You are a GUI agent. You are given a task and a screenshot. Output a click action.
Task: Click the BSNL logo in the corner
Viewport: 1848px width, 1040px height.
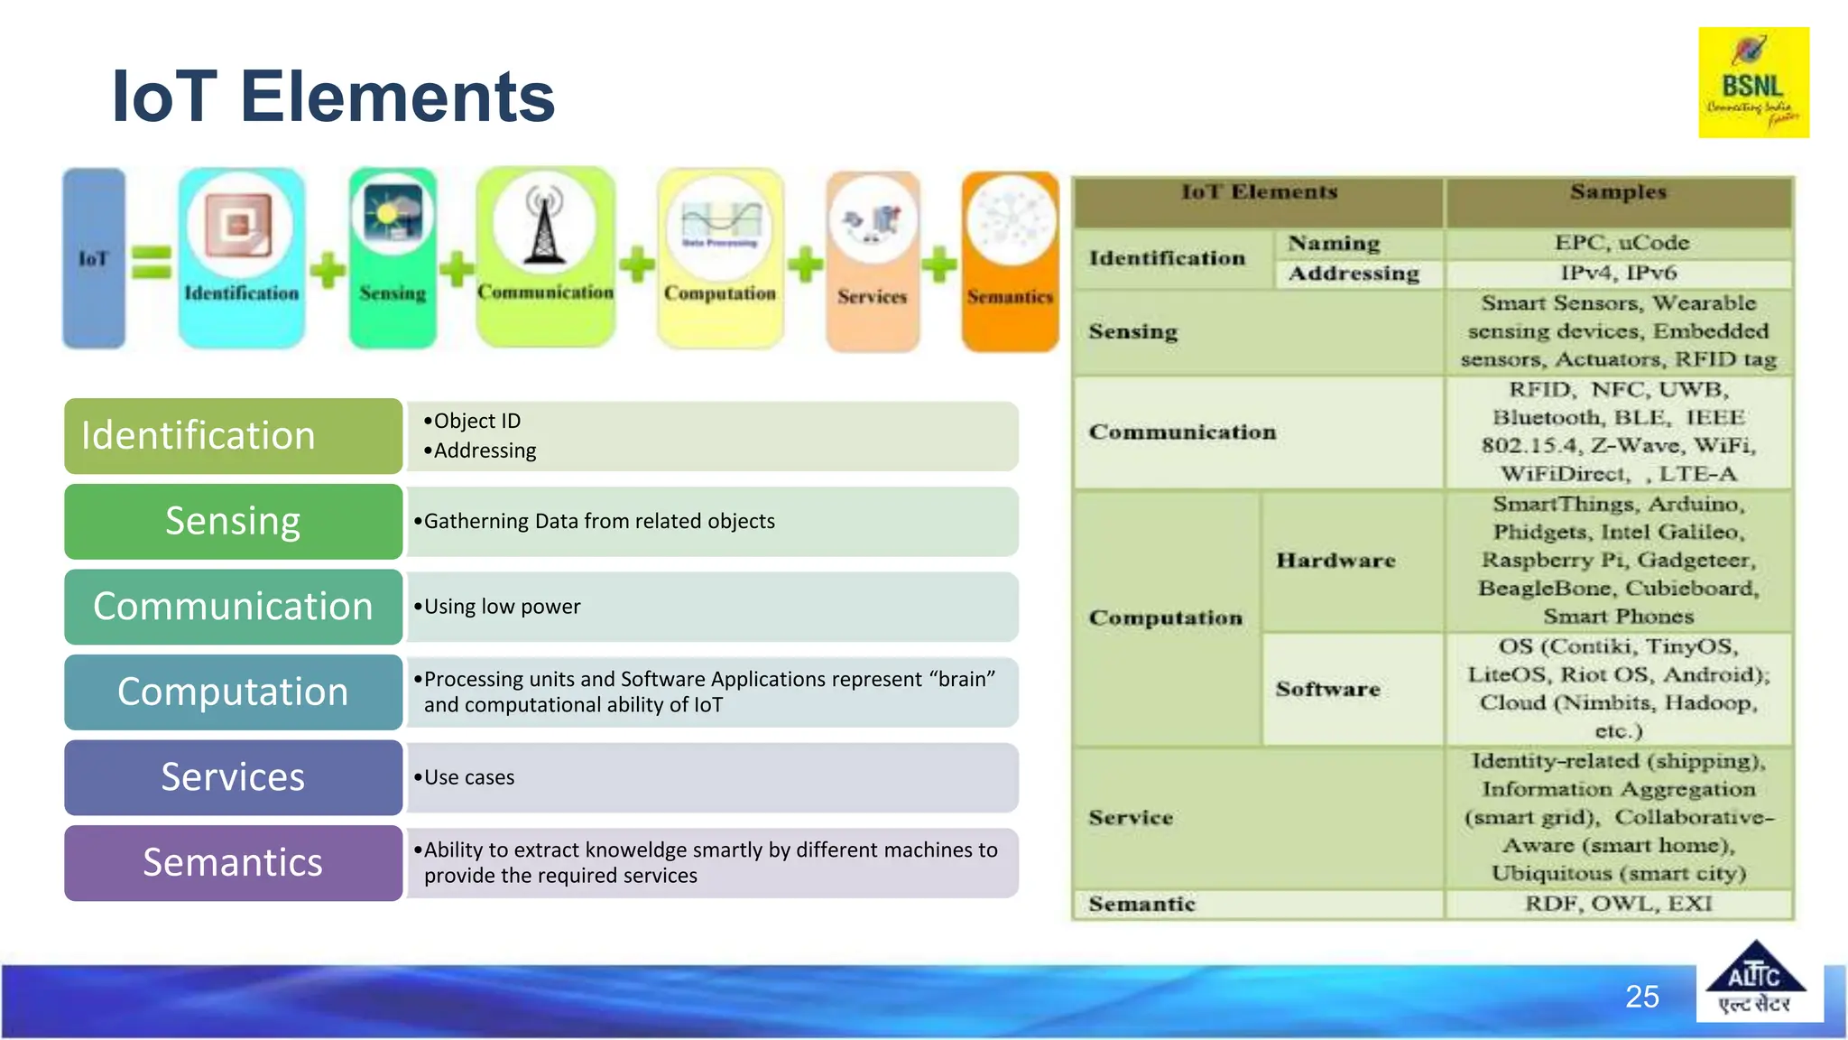[1753, 82]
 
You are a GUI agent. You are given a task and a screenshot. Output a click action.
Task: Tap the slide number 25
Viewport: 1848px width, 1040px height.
[1641, 997]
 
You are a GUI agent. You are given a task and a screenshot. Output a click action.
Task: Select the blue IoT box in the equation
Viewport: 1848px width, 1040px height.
[94, 258]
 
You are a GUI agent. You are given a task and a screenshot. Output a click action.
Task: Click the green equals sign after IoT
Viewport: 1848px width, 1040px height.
[152, 263]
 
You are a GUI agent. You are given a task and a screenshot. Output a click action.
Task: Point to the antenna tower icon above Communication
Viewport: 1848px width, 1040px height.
[544, 226]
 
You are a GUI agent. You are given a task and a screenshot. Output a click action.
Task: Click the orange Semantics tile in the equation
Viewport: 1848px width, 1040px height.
[1010, 262]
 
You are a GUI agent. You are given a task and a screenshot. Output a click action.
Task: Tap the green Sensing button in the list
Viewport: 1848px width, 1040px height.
[233, 522]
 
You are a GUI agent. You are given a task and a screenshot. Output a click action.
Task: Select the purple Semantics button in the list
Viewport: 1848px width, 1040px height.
[233, 863]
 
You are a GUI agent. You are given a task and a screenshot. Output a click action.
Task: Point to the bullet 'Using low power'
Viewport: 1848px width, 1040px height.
[502, 607]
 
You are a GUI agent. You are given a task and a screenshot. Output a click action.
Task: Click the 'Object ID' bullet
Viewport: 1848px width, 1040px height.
[476, 421]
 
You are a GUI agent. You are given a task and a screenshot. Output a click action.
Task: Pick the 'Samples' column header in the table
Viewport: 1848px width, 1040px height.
[1618, 192]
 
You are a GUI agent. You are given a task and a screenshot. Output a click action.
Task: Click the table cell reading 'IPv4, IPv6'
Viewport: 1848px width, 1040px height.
[1618, 273]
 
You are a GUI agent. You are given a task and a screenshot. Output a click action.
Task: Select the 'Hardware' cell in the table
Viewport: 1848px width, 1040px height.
[1335, 561]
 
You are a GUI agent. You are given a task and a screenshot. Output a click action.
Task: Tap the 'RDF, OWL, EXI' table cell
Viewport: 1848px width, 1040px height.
[1618, 904]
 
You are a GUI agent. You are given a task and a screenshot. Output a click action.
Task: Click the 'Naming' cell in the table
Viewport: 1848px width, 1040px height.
[1334, 244]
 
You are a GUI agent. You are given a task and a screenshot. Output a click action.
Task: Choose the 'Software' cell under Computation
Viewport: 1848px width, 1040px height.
[1328, 689]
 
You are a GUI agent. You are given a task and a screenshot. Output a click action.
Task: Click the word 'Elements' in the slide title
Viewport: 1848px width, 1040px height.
[397, 97]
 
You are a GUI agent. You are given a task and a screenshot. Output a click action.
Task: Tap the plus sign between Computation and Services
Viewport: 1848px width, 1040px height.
[805, 265]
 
